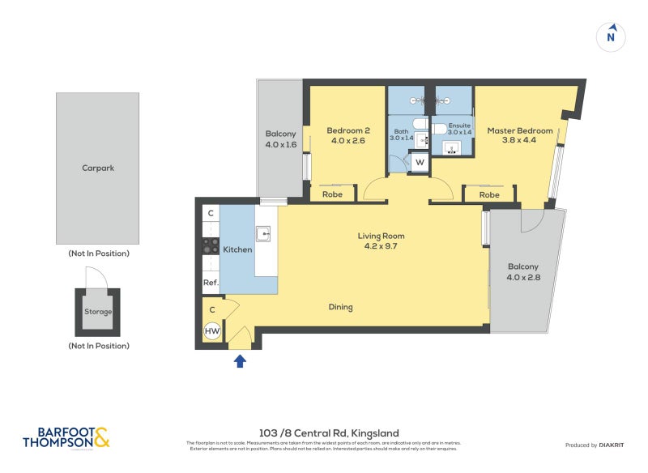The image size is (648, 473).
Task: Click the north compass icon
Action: (x=612, y=36)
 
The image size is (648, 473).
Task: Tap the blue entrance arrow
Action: (x=241, y=361)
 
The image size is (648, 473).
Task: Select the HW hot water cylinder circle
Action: (x=212, y=331)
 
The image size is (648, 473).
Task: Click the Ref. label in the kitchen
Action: (x=211, y=283)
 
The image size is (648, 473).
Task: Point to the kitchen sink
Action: (x=264, y=234)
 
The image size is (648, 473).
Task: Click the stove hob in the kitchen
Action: (x=210, y=246)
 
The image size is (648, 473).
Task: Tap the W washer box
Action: (x=420, y=162)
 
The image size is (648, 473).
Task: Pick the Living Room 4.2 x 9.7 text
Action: (x=381, y=241)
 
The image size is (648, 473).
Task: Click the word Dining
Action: (x=340, y=307)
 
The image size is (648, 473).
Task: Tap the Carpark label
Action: (x=97, y=168)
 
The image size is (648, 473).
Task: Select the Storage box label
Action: (x=98, y=312)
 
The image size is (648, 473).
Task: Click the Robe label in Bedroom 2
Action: (x=332, y=194)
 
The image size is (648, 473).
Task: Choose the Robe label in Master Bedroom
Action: (x=488, y=194)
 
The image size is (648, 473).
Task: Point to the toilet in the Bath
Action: (x=420, y=124)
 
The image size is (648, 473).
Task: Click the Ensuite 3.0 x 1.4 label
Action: (x=458, y=129)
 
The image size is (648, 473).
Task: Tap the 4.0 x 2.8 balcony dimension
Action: (x=523, y=278)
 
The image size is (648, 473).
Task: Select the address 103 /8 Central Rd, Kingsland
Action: (x=323, y=433)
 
